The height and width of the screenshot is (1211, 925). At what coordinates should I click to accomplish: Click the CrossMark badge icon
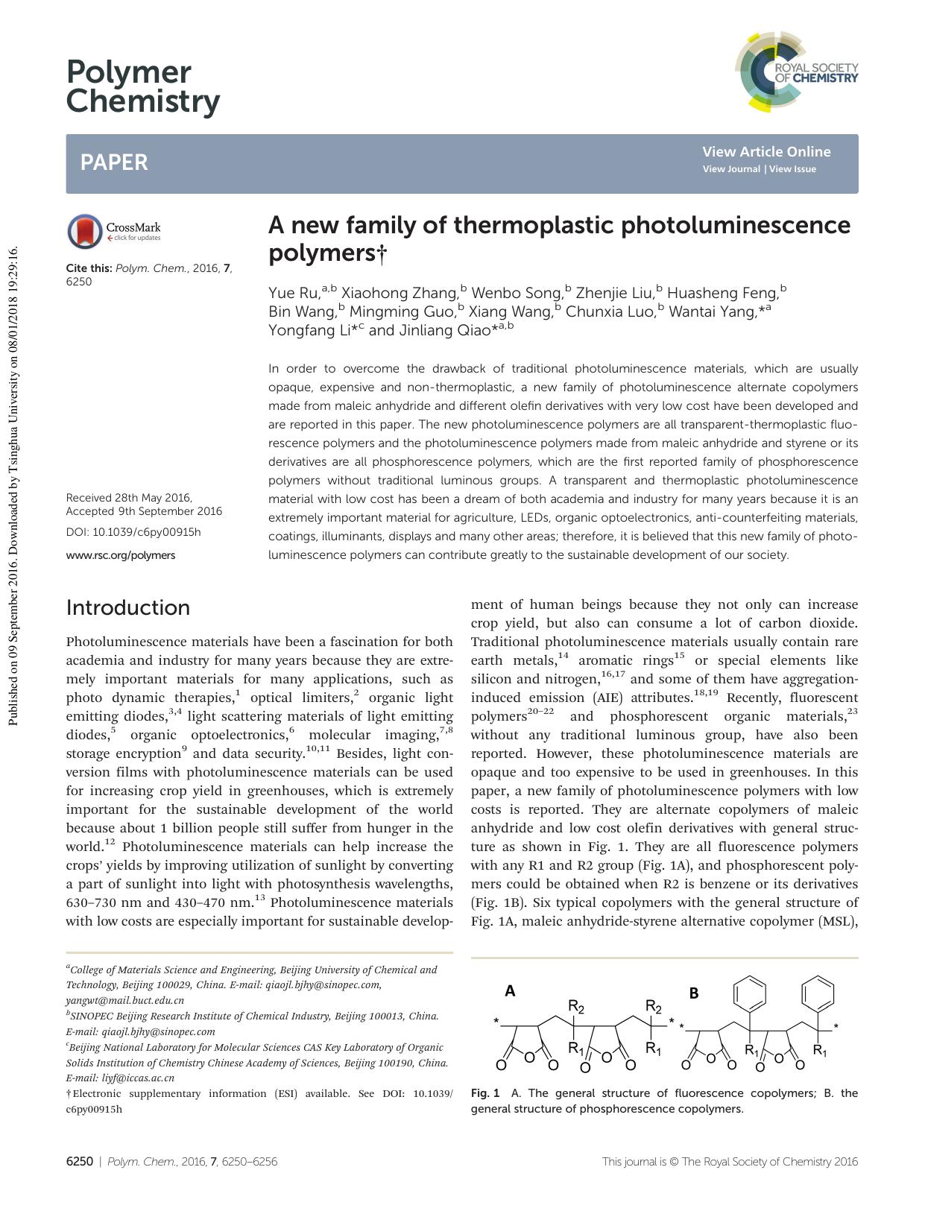(85, 231)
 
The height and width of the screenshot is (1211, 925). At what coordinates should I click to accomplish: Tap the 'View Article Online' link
(765, 151)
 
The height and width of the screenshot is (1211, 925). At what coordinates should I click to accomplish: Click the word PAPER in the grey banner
(114, 162)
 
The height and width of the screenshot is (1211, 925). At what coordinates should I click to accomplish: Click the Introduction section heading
(128, 607)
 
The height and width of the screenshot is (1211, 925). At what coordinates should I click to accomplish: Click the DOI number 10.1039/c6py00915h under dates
(146, 532)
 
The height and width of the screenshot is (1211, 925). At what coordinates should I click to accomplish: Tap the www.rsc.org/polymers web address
(121, 555)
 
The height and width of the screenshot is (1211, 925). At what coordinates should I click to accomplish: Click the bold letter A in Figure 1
(510, 991)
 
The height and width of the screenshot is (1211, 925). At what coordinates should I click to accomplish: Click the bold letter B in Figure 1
(694, 993)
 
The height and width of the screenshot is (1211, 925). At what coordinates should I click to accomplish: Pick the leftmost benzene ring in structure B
(749, 993)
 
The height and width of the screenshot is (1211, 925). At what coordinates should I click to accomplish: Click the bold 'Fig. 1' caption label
(485, 1093)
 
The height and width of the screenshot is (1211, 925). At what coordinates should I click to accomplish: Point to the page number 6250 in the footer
(80, 1161)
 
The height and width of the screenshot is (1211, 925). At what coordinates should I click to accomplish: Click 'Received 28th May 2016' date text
(129, 498)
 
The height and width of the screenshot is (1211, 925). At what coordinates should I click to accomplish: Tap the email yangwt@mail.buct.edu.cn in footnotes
(124, 1000)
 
